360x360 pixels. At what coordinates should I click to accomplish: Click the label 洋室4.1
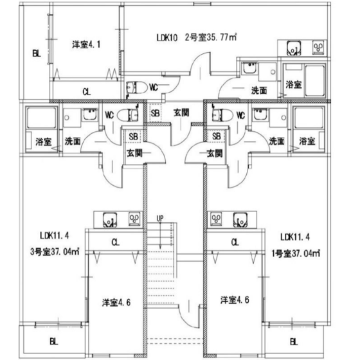coord(86,44)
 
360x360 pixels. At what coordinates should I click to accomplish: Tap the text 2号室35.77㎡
coord(211,37)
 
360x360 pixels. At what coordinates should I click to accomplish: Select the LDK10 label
coord(167,38)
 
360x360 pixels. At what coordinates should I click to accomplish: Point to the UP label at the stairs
coord(160,219)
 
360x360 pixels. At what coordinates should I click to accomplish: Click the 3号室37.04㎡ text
coord(55,251)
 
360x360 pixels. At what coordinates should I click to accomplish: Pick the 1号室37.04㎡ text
coord(296,253)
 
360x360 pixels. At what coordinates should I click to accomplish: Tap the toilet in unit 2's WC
coord(137,87)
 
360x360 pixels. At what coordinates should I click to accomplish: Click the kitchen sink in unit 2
coord(294,48)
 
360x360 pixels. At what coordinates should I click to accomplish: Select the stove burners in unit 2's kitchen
coord(318,48)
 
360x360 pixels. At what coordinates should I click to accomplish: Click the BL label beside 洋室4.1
coord(37,54)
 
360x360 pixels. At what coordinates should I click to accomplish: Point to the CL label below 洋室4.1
coord(87,92)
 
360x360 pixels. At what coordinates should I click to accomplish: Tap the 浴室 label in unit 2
coord(293,85)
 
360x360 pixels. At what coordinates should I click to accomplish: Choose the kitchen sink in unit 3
coord(110,220)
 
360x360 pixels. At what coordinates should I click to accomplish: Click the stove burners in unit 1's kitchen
coord(216,219)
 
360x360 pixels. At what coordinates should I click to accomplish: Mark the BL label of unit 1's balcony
coord(294,342)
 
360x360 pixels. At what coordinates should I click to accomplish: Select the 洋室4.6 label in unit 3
coord(116,302)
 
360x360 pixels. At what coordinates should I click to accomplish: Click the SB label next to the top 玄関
coord(156,113)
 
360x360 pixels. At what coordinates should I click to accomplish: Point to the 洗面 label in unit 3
coord(72,141)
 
